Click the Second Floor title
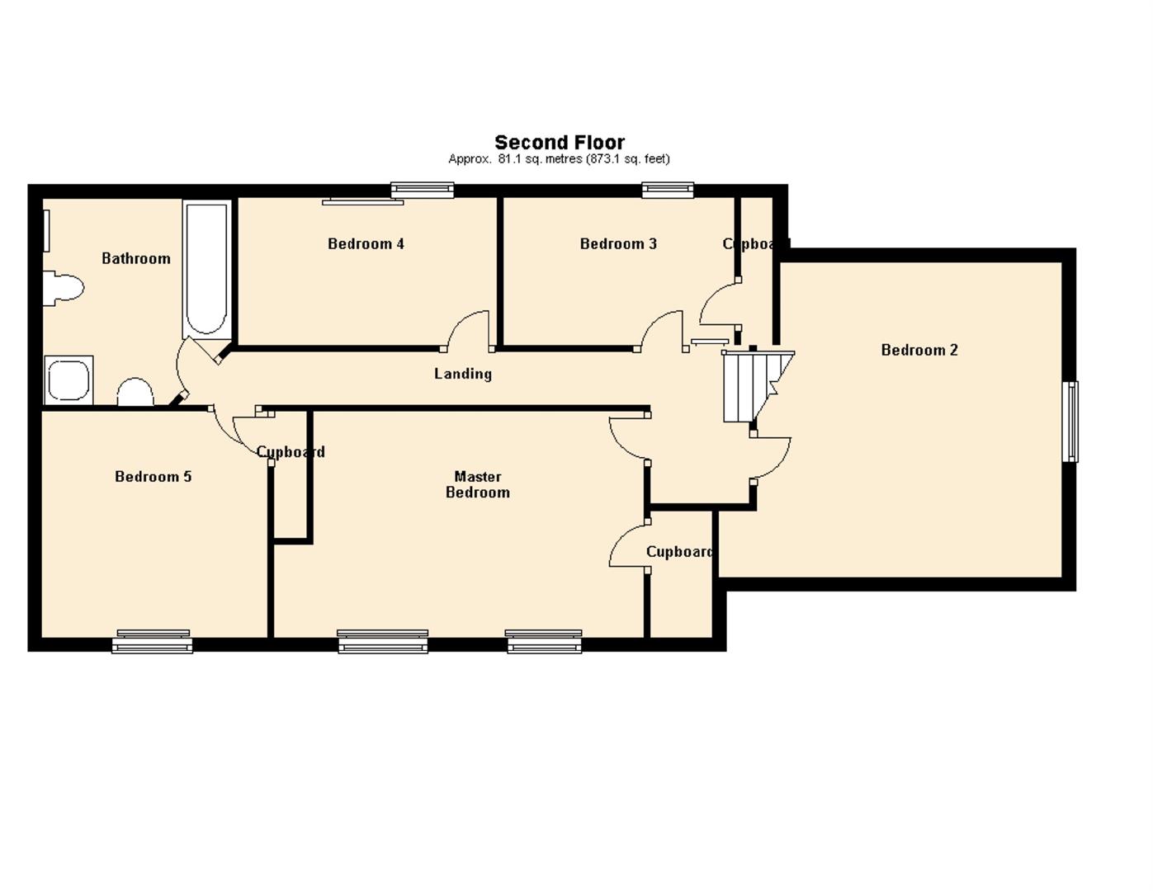pyautogui.click(x=560, y=143)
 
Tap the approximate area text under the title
pyautogui.click(x=559, y=159)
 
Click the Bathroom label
pyautogui.click(x=136, y=258)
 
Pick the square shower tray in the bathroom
pyautogui.click(x=69, y=380)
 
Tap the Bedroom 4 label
pyautogui.click(x=366, y=243)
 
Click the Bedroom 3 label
pyautogui.click(x=618, y=243)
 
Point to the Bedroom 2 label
pyautogui.click(x=919, y=350)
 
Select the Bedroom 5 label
pyautogui.click(x=153, y=476)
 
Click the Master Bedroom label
pyautogui.click(x=478, y=484)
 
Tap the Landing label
pyautogui.click(x=463, y=374)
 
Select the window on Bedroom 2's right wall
pyautogui.click(x=1070, y=421)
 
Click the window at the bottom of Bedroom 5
pyautogui.click(x=153, y=641)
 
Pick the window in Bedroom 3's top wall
pyautogui.click(x=668, y=191)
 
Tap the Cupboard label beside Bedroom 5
pyautogui.click(x=291, y=452)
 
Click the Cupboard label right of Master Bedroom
pyautogui.click(x=679, y=552)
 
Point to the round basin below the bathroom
pyautogui.click(x=135, y=392)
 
